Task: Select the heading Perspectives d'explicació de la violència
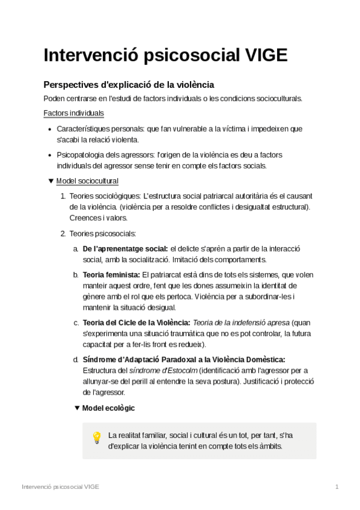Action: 129,85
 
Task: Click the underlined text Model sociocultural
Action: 87,181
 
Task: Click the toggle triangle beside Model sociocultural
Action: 50,181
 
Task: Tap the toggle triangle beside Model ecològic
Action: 76,408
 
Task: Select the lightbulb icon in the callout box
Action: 96,438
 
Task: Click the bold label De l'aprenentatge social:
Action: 125,249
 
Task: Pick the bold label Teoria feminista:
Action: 111,275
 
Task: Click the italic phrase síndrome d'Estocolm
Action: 158,370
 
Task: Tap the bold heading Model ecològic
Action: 108,408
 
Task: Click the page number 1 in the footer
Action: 337,486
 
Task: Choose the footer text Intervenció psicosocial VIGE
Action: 60,486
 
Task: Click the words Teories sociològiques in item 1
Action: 100,196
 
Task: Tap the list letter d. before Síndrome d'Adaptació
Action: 76,360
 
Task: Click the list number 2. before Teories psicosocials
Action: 63,233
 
